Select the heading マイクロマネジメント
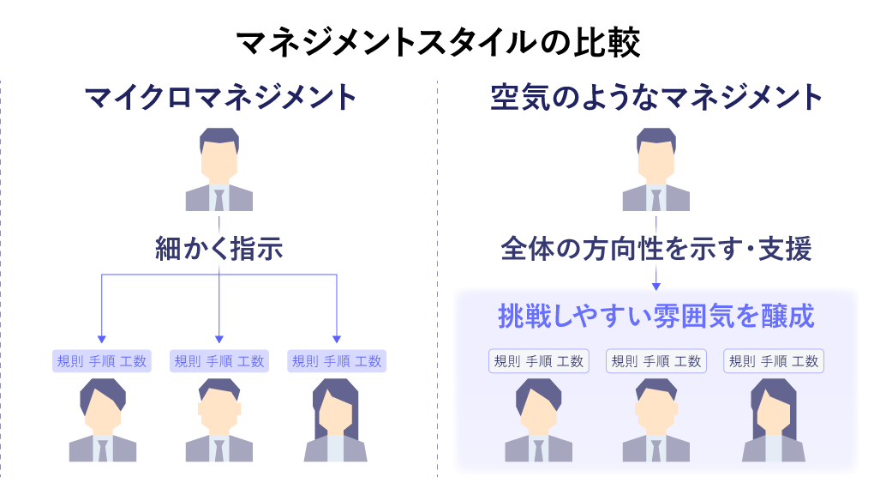coord(220,97)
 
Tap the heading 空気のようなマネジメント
coord(656,97)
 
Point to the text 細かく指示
coord(219,249)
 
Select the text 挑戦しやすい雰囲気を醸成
coord(656,315)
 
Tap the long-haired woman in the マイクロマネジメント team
coord(336,420)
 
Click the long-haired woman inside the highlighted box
coord(773,420)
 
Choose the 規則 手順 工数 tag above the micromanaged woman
coord(337,361)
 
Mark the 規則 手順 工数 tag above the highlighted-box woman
coord(774,361)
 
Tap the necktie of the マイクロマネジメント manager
coord(219,198)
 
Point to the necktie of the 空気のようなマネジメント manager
coord(656,198)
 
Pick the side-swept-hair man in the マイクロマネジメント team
coord(103,420)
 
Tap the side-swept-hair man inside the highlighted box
coord(539,420)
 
